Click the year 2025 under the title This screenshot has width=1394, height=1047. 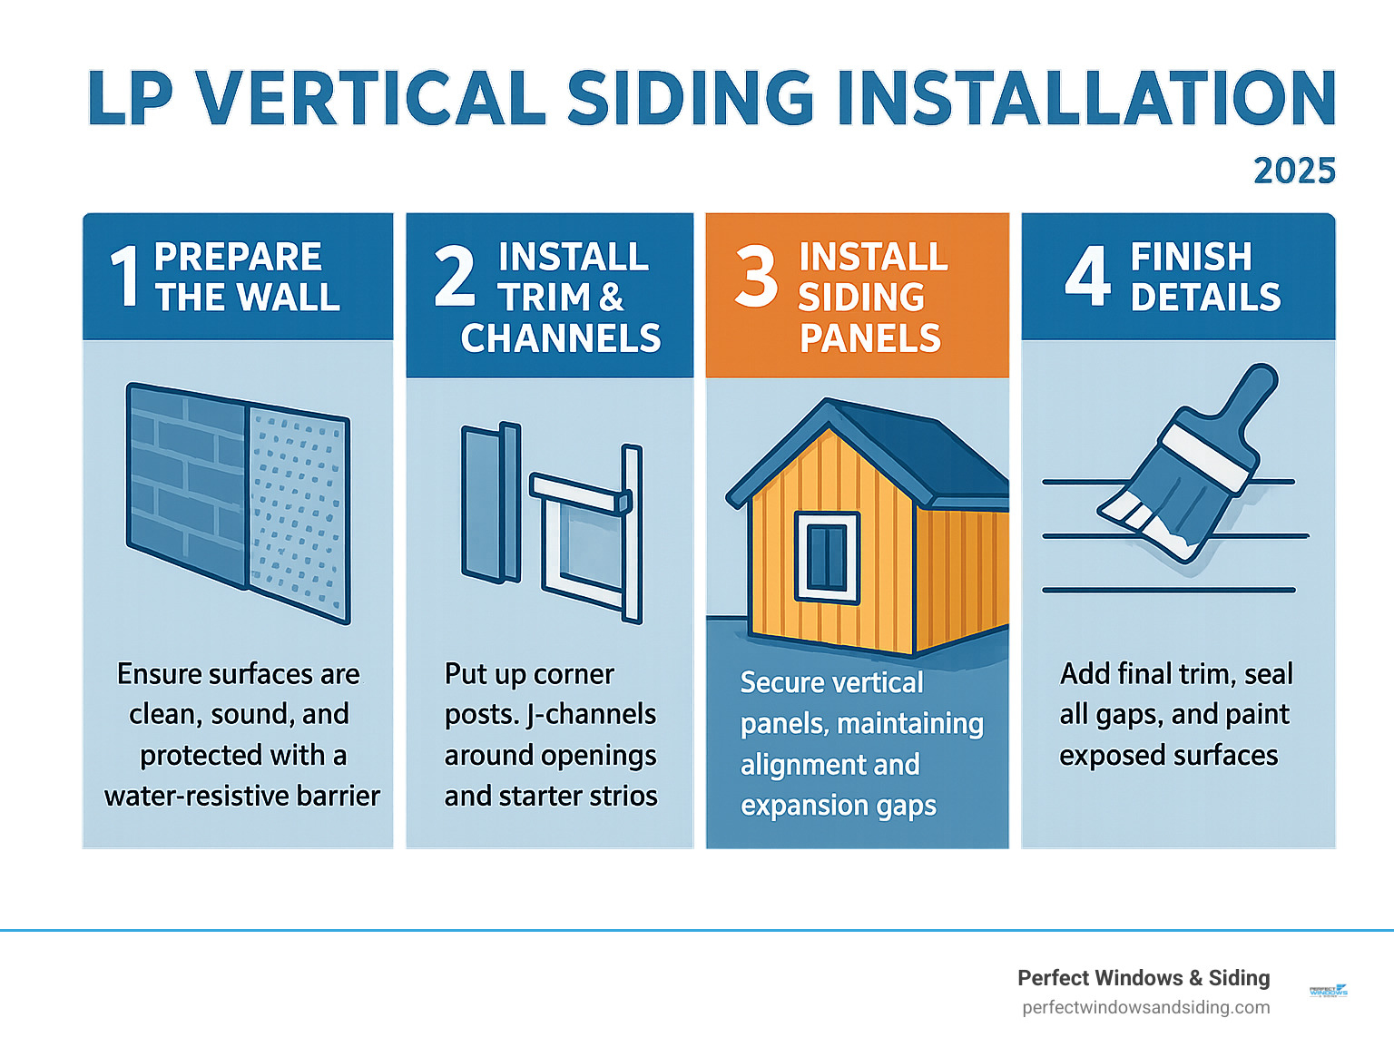point(1294,171)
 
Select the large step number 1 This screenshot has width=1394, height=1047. point(124,276)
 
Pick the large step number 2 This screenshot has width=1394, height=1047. point(455,276)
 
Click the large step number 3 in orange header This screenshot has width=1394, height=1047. point(756,276)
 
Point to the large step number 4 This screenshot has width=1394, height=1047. point(1087,276)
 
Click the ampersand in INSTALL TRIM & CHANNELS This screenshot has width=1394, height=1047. point(611,297)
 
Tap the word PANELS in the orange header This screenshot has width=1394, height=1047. point(869,338)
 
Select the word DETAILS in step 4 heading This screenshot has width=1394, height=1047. point(1205,297)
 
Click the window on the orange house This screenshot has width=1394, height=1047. point(827,557)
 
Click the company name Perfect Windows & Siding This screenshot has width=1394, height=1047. point(1143,977)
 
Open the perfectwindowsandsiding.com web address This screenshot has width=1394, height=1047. point(1145,1007)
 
